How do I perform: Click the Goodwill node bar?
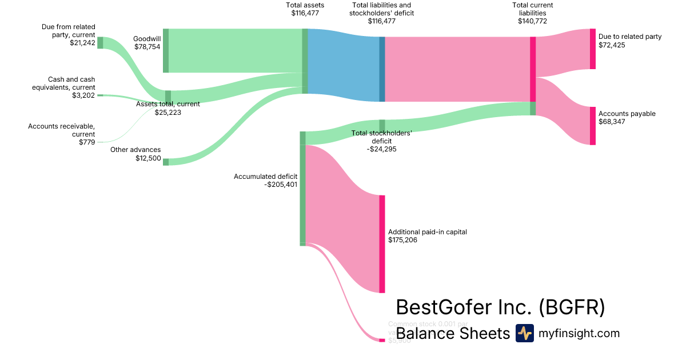point(166,50)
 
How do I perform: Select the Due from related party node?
point(100,42)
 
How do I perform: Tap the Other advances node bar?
point(166,162)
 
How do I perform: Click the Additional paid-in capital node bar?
point(382,244)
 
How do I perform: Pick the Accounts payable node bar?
point(593,126)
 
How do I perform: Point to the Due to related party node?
point(593,49)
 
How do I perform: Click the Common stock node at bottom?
point(382,340)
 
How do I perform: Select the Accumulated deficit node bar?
point(303,189)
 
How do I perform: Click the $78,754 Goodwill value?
point(147,47)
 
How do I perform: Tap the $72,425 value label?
point(612,45)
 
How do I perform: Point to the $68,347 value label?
point(612,122)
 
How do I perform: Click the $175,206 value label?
point(402,240)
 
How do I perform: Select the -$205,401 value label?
point(281,185)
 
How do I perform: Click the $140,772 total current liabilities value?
point(532,21)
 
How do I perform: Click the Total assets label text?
point(305,5)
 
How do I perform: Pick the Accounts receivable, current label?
point(62,130)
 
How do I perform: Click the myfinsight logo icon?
point(524,333)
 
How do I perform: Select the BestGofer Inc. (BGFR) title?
point(500,307)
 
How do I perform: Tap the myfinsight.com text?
point(579,333)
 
